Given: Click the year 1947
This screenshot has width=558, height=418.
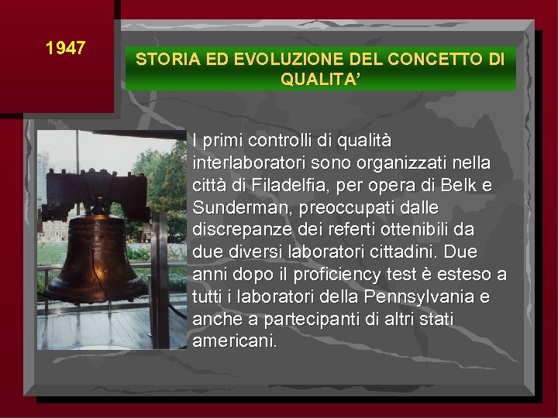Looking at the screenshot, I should (x=65, y=48).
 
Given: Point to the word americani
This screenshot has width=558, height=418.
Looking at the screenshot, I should (x=234, y=341).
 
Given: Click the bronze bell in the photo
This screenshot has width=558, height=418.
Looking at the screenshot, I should (x=95, y=255).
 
